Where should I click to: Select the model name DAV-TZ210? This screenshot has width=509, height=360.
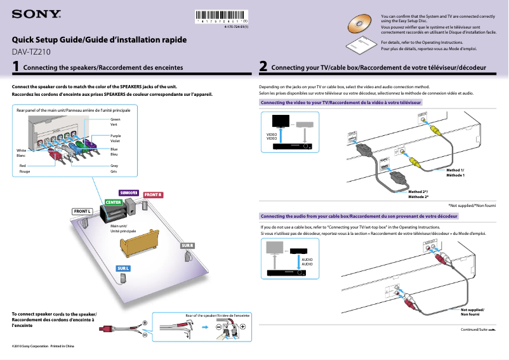point(30,52)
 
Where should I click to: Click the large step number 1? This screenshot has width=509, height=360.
point(15,66)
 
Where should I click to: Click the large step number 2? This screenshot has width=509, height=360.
point(263,66)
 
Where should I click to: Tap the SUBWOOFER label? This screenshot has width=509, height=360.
point(129,192)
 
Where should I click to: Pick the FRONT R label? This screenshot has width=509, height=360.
point(153,194)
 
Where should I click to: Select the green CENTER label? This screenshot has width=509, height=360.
point(114,203)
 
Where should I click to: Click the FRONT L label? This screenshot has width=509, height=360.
point(83,211)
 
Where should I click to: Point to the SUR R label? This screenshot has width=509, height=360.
point(187,245)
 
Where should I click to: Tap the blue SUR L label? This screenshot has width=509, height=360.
point(123,269)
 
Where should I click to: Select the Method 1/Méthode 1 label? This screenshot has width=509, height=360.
point(455,172)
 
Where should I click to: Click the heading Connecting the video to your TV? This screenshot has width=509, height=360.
point(341,102)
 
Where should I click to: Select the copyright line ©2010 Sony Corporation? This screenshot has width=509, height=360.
point(43,346)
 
